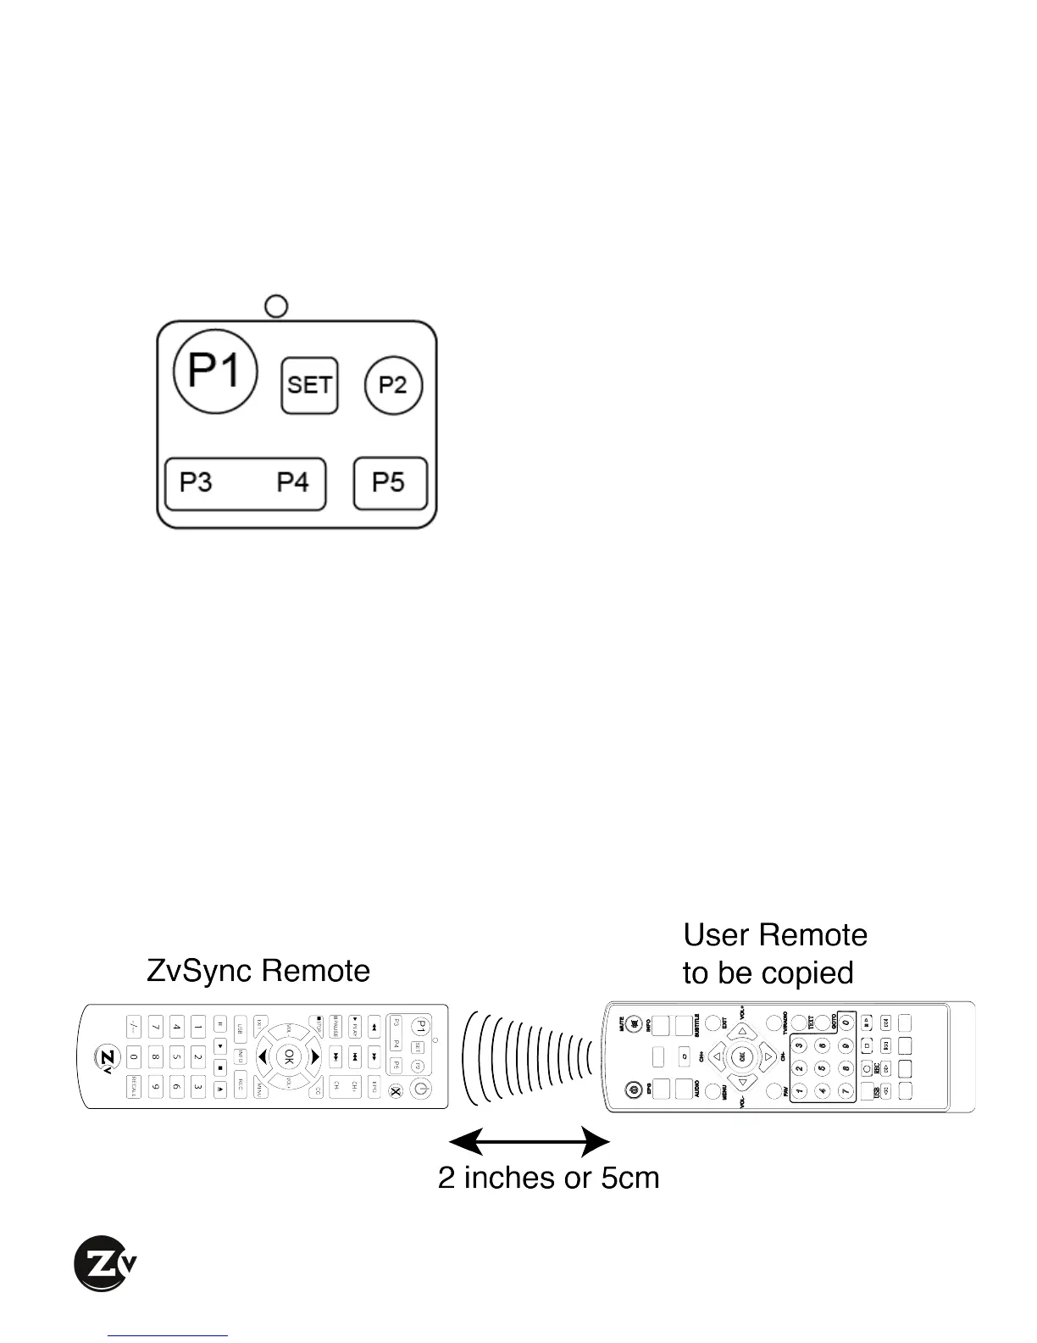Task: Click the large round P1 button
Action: [215, 371]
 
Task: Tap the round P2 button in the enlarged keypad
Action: [393, 385]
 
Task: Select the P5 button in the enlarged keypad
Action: [390, 483]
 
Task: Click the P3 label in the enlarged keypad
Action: [196, 482]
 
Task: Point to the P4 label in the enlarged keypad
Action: [293, 482]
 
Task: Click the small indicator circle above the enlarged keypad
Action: [276, 306]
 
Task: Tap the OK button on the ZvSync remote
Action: [289, 1056]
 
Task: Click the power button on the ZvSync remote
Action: [420, 1090]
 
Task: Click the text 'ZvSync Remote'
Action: [258, 971]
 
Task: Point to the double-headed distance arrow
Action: [529, 1140]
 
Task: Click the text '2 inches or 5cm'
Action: [548, 1178]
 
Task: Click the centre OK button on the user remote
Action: [742, 1057]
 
